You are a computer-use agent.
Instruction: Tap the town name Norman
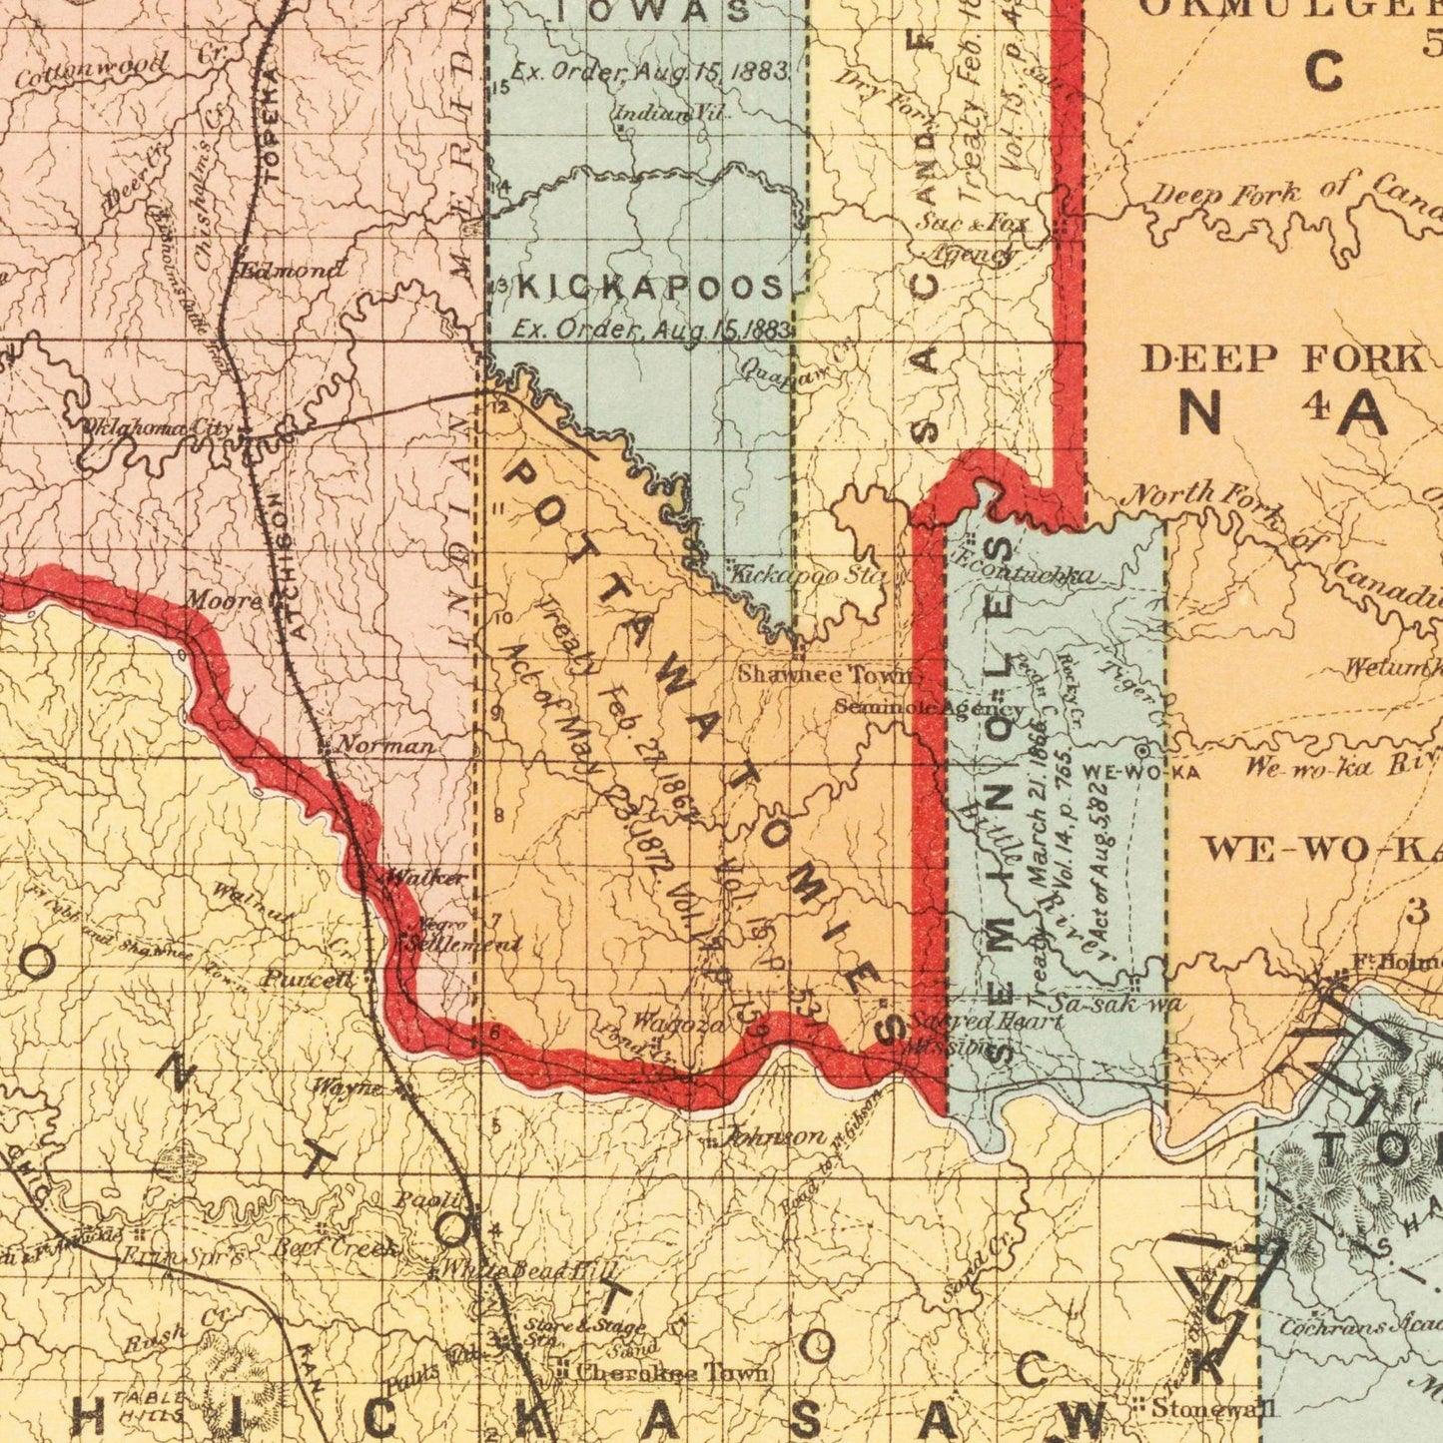[384, 746]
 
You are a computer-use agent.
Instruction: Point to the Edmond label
[292, 270]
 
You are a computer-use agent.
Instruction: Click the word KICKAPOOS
[651, 289]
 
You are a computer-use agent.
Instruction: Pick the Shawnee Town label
[825, 674]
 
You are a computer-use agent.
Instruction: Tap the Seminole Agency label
[930, 708]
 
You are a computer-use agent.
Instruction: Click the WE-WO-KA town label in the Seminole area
[1140, 772]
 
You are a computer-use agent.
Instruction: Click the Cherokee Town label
[672, 1373]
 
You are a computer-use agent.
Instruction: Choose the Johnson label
[774, 1136]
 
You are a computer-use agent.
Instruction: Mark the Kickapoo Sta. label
[810, 576]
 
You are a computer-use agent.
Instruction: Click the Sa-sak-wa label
[1117, 1003]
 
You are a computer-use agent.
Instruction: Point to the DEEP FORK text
[1283, 359]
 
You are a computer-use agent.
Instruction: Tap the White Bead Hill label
[530, 1271]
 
